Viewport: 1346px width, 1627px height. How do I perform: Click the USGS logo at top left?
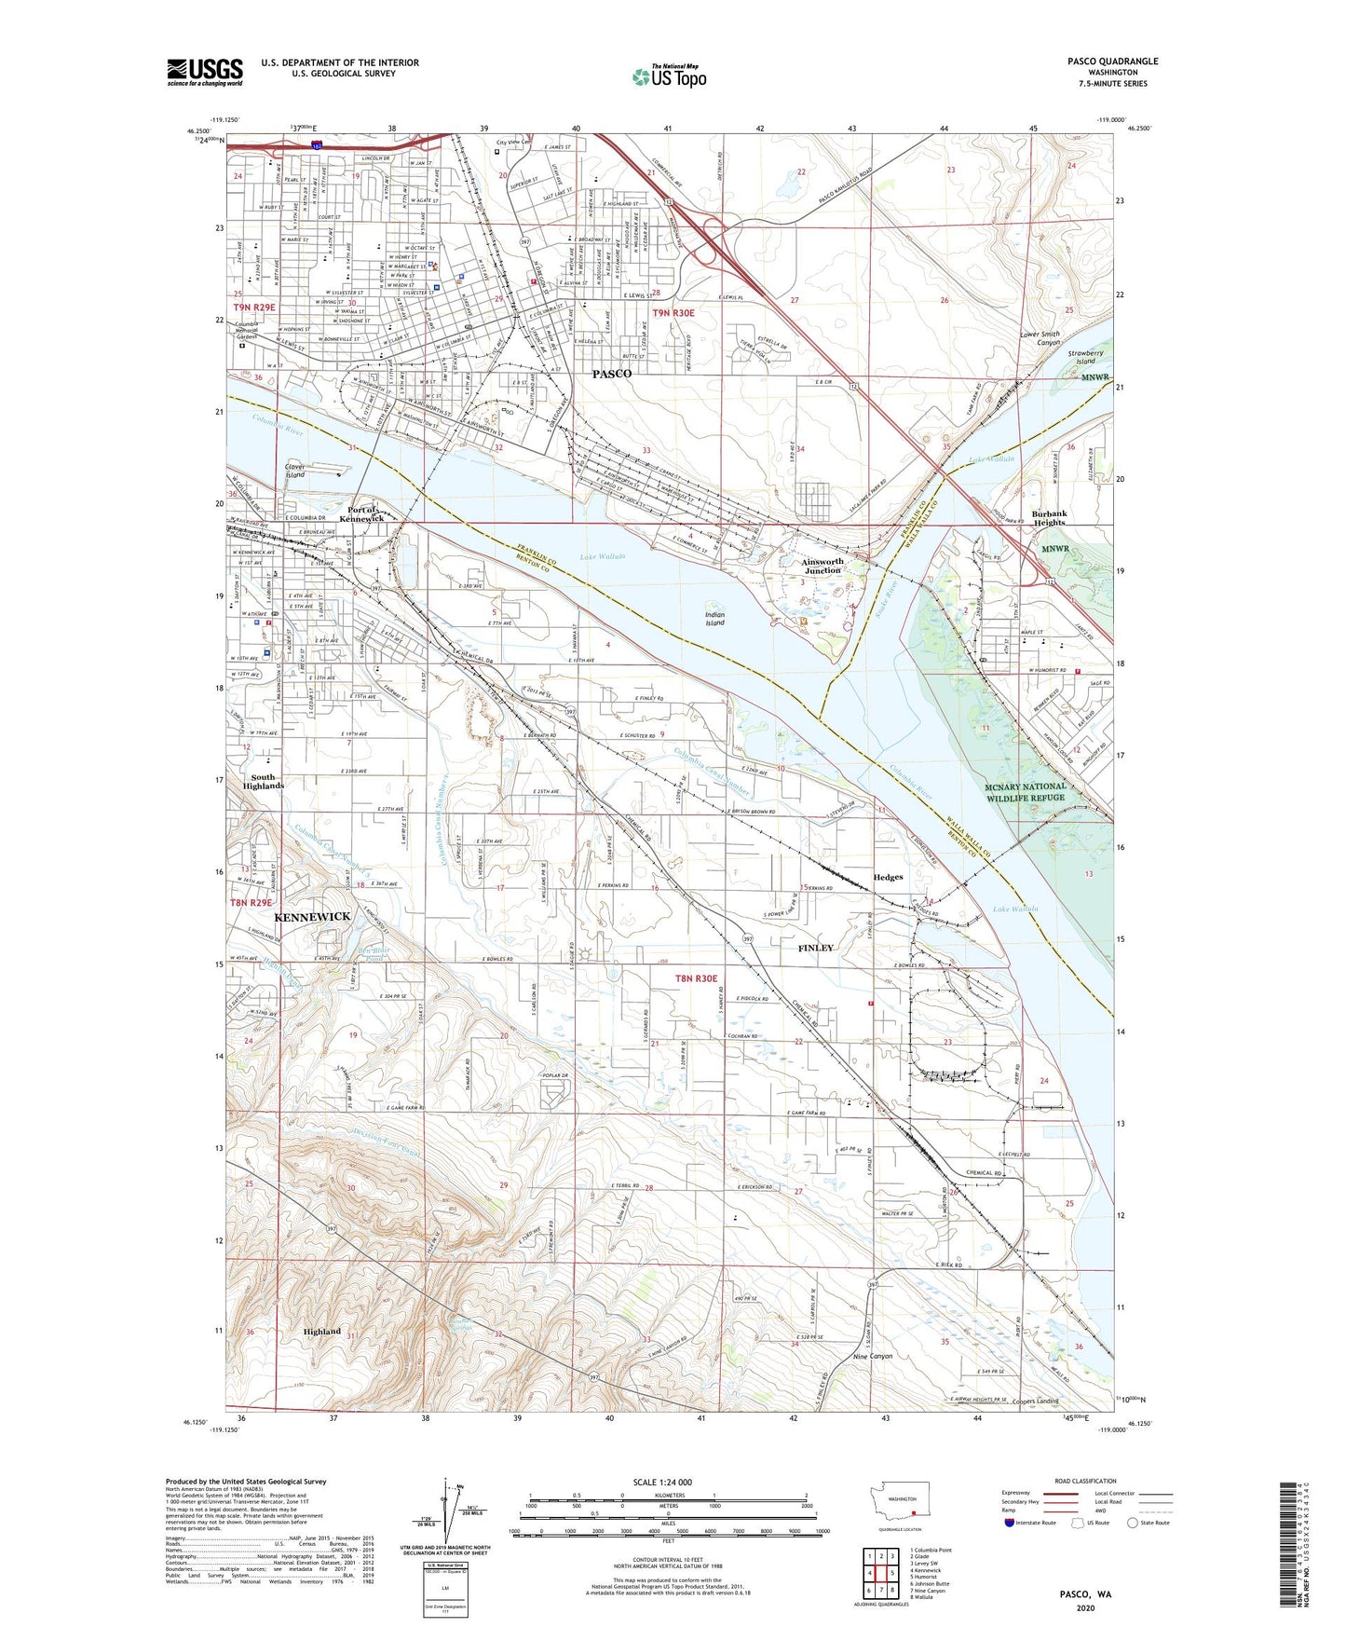point(205,72)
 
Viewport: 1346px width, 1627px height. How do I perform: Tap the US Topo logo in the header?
point(669,76)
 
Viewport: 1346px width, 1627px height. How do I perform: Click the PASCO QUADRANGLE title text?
point(1112,62)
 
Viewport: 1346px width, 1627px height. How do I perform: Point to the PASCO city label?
point(612,374)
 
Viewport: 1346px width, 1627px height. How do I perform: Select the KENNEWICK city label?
point(312,917)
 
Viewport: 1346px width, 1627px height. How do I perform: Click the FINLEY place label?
point(816,948)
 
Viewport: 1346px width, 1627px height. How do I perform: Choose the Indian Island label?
point(714,619)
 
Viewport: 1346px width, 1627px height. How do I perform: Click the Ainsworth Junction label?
point(821,566)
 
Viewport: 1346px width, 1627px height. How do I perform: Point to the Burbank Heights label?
point(1049,518)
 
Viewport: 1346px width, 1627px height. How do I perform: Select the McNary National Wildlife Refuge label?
point(1025,792)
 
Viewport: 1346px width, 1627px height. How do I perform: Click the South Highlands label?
point(263,782)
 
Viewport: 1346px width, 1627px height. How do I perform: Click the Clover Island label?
point(295,471)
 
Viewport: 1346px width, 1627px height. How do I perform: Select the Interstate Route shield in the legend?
point(1010,1524)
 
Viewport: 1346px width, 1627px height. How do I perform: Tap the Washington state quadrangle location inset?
point(901,1502)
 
